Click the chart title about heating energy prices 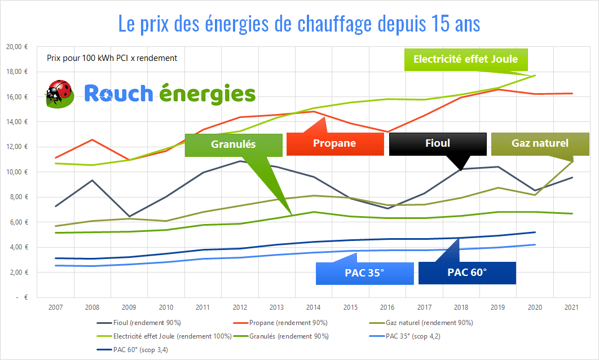(299, 24)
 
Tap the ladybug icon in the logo (59, 94)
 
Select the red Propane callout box (335, 143)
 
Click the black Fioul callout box (438, 143)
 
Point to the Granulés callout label (234, 144)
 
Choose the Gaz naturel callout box (540, 143)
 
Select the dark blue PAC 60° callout (467, 273)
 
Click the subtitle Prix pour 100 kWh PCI (112, 58)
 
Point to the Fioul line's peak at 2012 (240, 161)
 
